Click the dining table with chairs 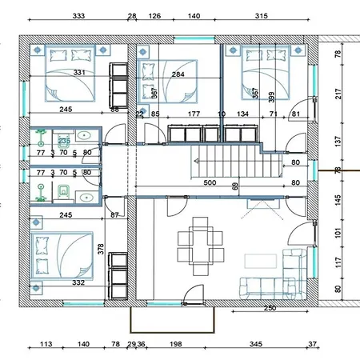click(200, 244)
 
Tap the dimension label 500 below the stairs click(210, 183)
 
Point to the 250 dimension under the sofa click(270, 307)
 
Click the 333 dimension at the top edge click(79, 16)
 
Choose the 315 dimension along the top click(259, 16)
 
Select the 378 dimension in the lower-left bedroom click(101, 249)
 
